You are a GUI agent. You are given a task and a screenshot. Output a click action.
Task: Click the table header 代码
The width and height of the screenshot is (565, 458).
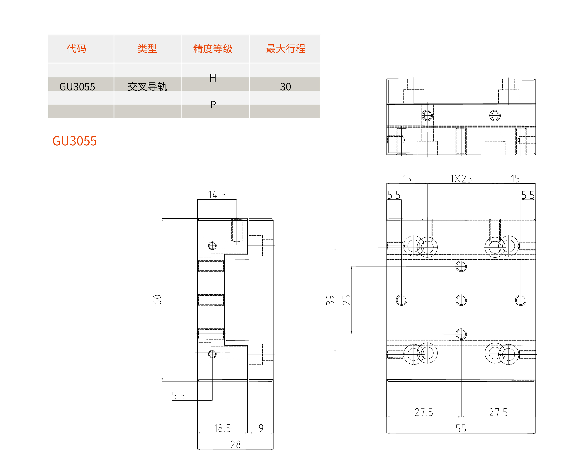pos(76,49)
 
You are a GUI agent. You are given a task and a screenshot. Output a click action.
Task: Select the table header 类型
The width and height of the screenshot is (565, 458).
pos(147,49)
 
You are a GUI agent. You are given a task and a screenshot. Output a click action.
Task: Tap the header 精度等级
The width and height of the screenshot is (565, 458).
pos(213,49)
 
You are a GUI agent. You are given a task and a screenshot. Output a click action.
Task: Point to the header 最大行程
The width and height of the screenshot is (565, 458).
pos(285,49)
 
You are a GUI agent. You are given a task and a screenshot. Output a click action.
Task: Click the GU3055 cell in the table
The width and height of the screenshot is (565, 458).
pos(77,87)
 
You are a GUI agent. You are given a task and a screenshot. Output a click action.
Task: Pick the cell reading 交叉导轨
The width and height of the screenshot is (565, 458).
pos(147,87)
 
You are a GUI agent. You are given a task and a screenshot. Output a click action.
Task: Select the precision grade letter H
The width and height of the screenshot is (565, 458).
pos(213,78)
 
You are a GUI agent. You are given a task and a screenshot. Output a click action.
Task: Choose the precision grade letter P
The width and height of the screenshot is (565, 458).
pos(213,105)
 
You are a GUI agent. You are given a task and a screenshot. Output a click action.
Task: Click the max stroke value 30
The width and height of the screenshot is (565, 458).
pos(285,87)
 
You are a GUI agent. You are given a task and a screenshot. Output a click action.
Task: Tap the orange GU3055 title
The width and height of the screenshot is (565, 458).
pos(75,141)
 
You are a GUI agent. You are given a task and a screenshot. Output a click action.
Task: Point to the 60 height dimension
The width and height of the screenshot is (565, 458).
pos(157,300)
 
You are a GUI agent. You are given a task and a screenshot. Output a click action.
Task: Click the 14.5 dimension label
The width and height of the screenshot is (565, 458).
pos(217,195)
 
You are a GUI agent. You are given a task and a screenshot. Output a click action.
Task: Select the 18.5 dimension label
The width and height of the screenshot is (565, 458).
pos(222,428)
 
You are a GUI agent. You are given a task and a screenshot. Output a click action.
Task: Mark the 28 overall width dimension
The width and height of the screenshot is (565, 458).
pos(236,445)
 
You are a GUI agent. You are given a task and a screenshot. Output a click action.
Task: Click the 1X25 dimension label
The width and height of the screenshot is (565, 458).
pos(461,179)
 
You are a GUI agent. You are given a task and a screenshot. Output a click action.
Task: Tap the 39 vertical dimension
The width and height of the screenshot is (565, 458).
pos(330,300)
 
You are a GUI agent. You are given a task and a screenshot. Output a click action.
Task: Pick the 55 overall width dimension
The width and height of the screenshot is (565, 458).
pos(461,428)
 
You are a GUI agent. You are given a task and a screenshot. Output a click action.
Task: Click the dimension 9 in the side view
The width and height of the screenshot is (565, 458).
pos(261,428)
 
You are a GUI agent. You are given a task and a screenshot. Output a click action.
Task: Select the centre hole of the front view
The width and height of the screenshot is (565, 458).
pos(461,300)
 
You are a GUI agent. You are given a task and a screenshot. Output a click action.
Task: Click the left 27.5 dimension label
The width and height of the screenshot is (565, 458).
pos(424,412)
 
